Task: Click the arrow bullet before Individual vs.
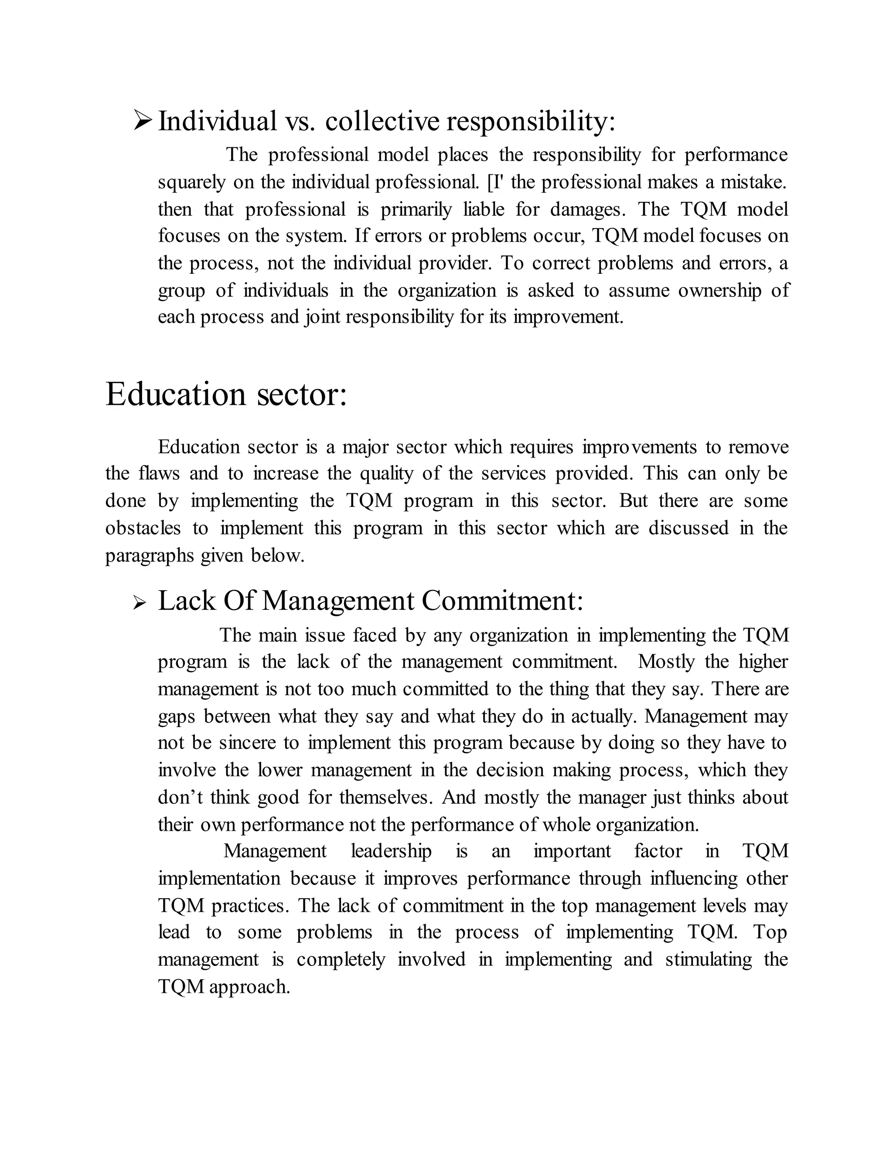143,121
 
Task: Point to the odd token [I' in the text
497,183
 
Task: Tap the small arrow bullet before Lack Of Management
139,603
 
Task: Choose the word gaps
176,717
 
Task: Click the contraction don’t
180,798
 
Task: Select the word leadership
391,852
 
